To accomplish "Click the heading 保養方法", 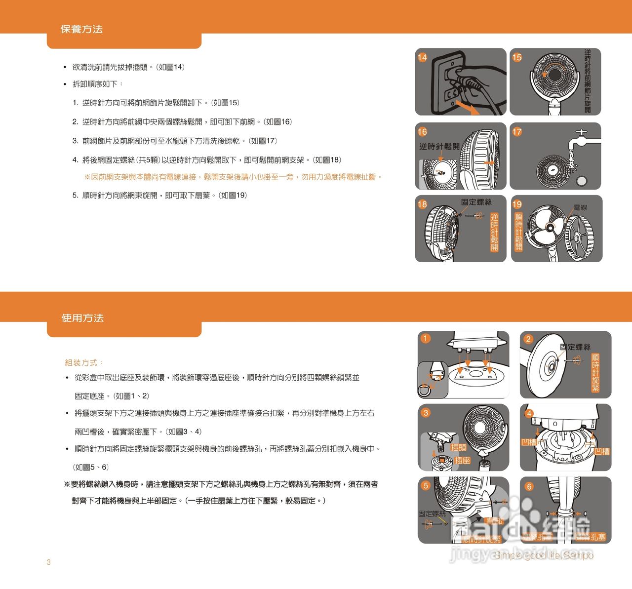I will pos(81,30).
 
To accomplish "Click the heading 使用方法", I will pos(82,318).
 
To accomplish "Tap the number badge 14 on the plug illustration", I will pos(423,57).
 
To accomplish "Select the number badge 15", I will pos(517,57).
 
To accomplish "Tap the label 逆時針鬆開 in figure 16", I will pos(439,147).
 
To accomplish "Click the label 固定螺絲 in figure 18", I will pos(476,202).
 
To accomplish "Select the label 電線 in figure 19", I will pos(581,207).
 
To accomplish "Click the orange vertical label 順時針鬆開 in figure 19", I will pos(518,232).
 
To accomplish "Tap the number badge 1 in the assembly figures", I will pos(425,338).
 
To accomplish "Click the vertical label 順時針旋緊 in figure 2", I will pos(595,373).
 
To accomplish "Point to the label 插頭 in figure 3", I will pos(458,447).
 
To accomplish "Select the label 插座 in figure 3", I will pos(462,460).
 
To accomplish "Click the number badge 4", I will pos(529,413).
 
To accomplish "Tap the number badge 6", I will pos(529,486).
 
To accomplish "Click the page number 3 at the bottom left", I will pos(48,562).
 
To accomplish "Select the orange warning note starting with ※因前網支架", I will pos(233,177).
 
